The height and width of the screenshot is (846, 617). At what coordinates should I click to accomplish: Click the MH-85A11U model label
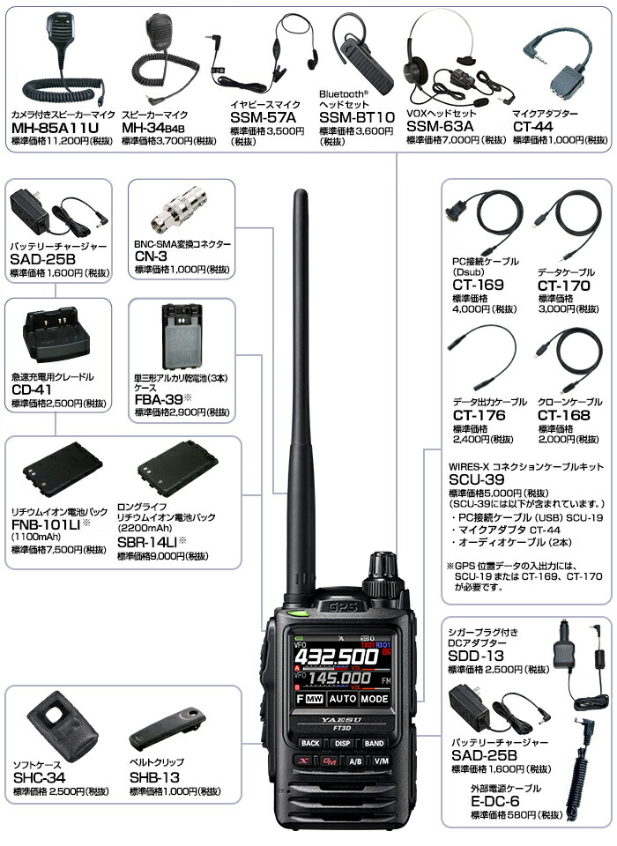click(55, 128)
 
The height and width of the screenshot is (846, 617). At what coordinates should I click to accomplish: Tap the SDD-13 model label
click(476, 656)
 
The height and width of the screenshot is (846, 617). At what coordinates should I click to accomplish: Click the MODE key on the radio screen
click(374, 699)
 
